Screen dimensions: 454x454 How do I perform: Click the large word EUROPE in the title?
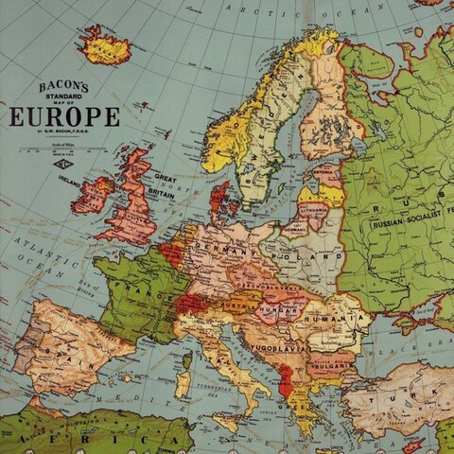point(64,117)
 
